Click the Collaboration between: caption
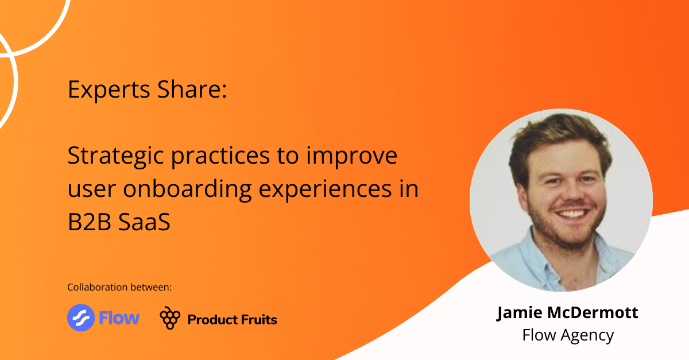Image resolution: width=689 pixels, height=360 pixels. point(119,287)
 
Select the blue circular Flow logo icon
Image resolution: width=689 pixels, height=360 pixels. point(81,318)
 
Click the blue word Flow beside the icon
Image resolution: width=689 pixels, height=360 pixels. point(119,318)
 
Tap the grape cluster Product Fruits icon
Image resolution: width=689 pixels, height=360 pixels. point(169,318)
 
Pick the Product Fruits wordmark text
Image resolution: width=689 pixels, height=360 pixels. point(232,319)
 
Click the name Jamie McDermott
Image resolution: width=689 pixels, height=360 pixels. point(567,313)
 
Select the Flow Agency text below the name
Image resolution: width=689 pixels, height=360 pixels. point(567,335)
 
